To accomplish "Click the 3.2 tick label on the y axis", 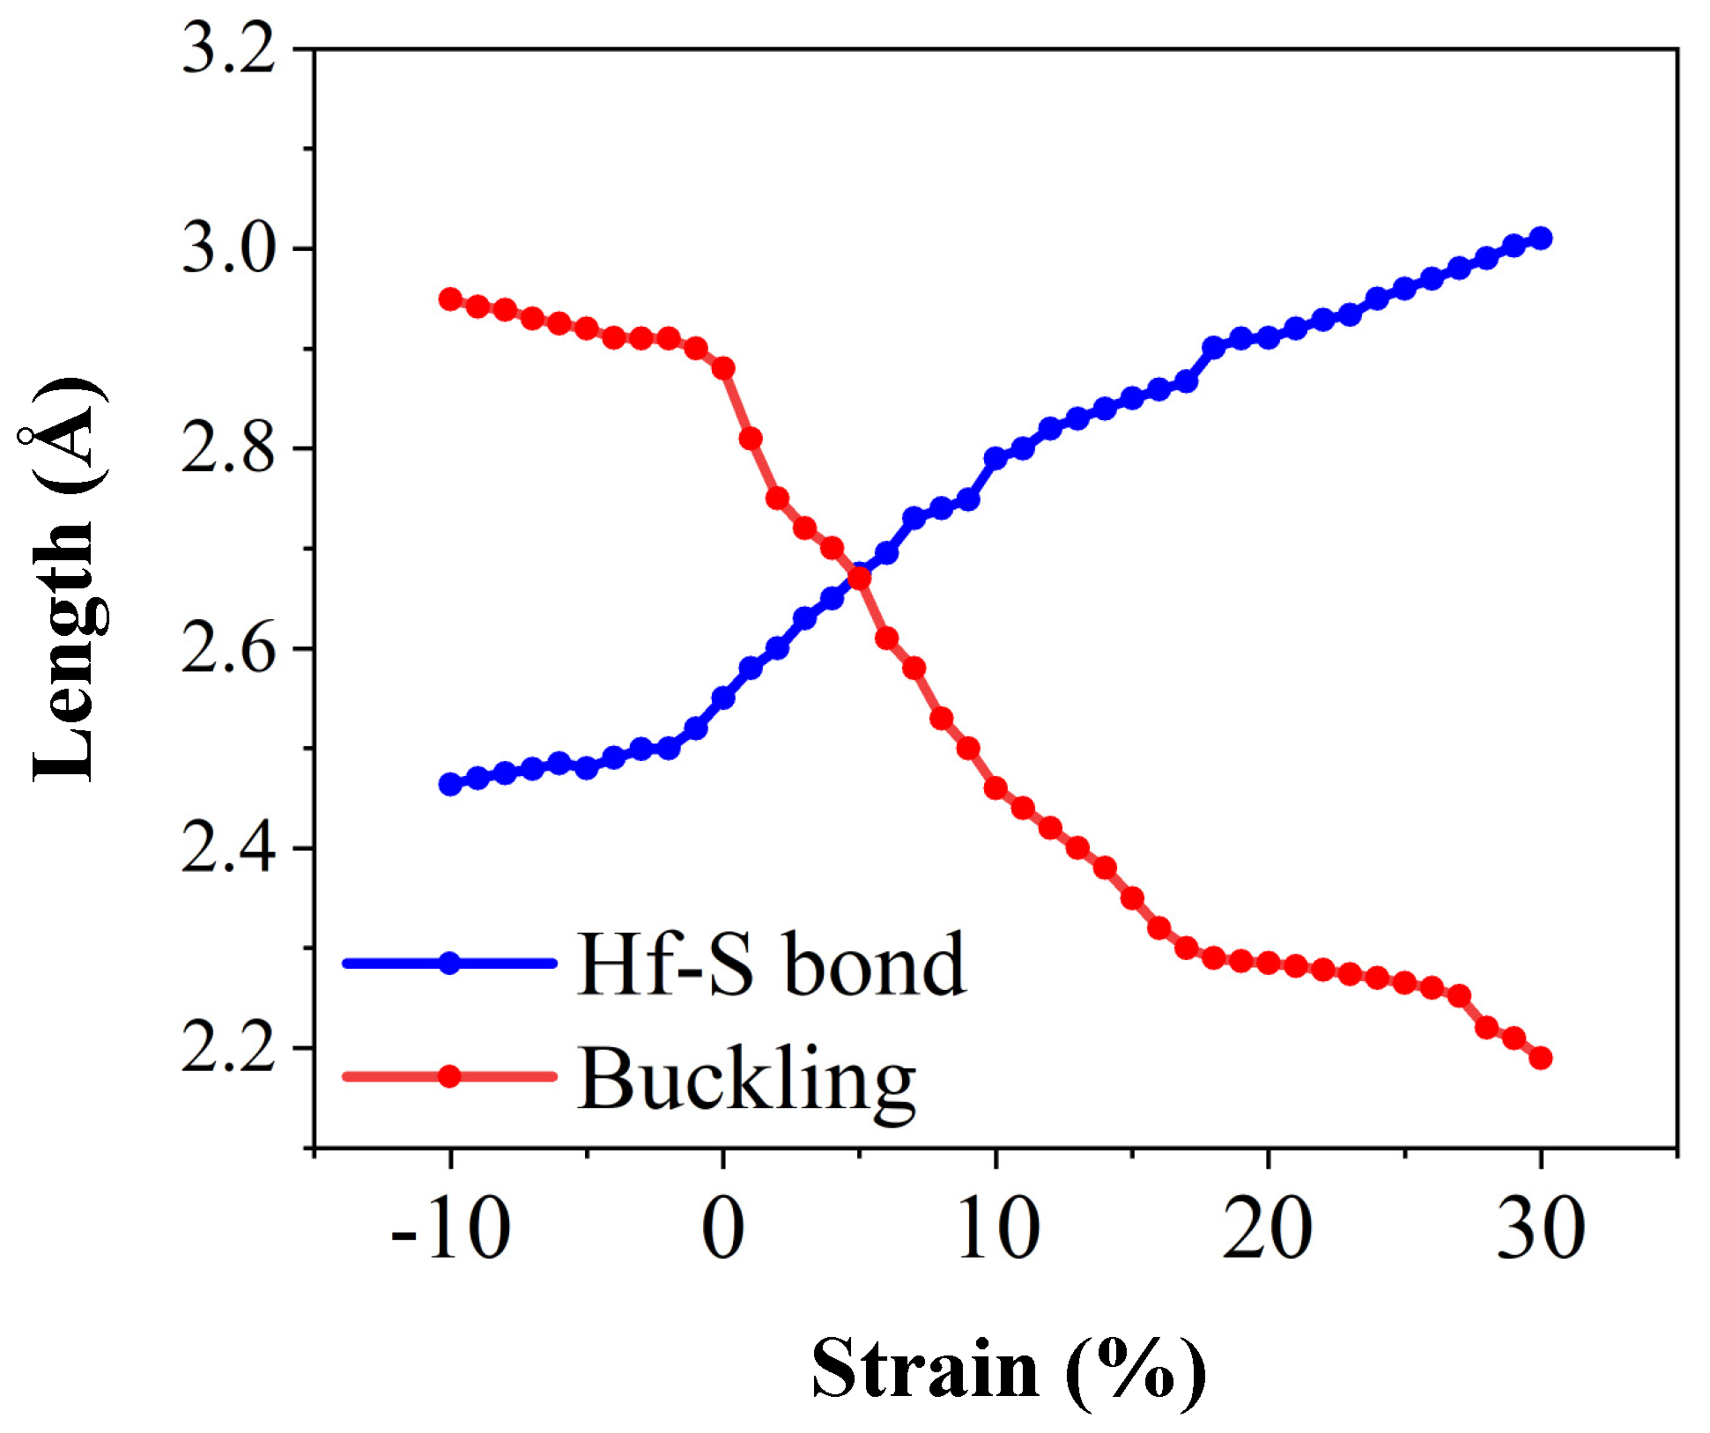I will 228,49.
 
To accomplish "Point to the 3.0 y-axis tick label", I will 228,249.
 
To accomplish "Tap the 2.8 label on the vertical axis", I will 228,449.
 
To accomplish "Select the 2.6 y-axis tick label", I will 228,649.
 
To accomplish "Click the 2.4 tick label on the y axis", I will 228,849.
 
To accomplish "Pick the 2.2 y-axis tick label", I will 228,1048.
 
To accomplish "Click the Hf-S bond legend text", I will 771,964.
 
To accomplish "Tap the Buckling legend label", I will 747,1079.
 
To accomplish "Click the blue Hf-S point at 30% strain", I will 1541,238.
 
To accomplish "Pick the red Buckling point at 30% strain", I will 1541,1058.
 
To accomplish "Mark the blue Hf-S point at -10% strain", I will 450,784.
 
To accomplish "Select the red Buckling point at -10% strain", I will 450,299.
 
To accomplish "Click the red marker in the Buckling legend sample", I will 449,1076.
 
